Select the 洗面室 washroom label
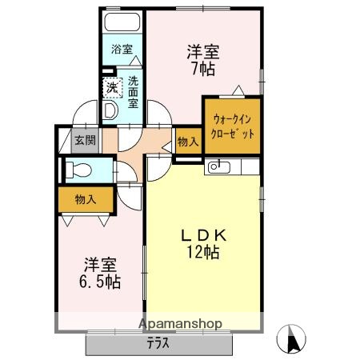point(133,90)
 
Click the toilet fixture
point(78,170)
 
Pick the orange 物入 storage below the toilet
point(85,198)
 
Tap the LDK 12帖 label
point(204,244)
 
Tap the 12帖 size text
point(204,253)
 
